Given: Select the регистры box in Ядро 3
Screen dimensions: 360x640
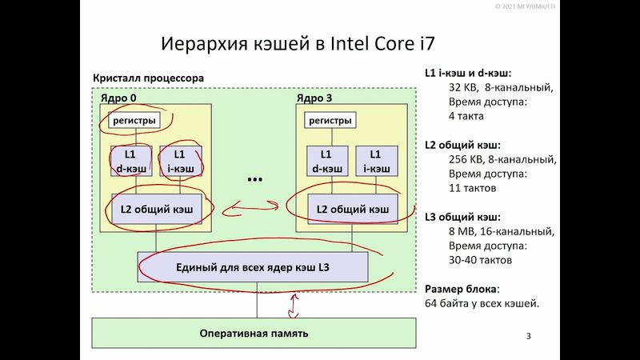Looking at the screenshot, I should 329,121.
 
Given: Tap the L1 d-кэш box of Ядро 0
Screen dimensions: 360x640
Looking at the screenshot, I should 131,161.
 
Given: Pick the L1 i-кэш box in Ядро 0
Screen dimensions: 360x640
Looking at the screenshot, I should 179,161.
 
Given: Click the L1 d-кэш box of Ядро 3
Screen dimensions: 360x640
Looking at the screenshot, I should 326,161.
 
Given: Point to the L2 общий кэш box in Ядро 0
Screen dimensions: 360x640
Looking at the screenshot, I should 155,210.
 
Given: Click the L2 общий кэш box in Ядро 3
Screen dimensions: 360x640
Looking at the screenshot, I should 352,210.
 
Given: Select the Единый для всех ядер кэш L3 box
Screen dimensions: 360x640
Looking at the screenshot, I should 253,266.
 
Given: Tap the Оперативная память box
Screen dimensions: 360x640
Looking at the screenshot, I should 254,333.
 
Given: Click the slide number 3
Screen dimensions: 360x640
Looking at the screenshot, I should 529,334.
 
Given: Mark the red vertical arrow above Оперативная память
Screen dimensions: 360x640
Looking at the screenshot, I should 294,304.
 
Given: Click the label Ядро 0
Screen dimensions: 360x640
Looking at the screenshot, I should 118,98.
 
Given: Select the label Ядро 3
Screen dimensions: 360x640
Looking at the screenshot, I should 314,98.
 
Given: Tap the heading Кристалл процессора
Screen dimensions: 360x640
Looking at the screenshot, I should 148,78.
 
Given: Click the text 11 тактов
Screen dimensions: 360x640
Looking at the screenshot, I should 473,188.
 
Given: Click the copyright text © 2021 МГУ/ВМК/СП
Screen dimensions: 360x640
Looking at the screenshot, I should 596,6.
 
